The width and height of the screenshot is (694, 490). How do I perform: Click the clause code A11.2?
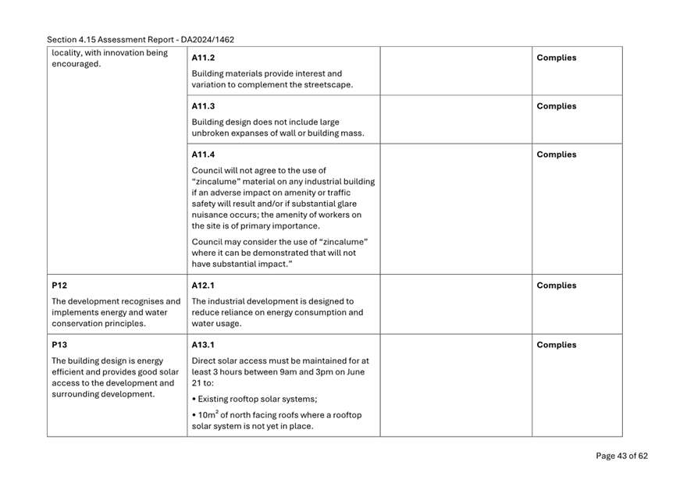[203, 58]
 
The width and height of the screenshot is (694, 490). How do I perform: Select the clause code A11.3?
[203, 106]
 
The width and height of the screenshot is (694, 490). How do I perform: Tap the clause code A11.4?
[203, 154]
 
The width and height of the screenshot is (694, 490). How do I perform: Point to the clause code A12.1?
[203, 286]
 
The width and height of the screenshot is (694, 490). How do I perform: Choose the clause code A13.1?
[203, 345]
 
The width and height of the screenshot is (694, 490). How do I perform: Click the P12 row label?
[60, 286]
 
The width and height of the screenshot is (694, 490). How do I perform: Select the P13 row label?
[60, 345]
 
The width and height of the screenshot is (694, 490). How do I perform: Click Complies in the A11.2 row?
[556, 58]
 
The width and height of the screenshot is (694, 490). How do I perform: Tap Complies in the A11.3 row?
[556, 106]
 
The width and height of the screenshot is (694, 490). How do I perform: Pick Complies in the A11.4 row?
[556, 154]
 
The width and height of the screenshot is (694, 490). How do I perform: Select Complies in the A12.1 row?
[556, 286]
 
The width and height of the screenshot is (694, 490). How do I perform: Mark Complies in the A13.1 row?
[556, 345]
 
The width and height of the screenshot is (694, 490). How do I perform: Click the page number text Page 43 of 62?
[621, 456]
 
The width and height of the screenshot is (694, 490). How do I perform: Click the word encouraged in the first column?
[76, 64]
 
